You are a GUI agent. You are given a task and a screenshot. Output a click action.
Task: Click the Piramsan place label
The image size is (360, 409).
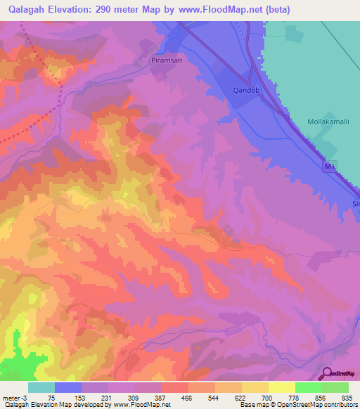point(167,61)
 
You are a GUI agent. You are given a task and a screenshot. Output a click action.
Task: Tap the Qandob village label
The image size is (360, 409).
point(247,91)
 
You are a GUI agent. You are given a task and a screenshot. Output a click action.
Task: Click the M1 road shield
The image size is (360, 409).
point(331,167)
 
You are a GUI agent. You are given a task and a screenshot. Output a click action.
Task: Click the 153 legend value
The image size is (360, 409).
point(80,397)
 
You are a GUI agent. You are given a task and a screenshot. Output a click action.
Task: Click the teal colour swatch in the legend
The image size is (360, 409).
point(41,387)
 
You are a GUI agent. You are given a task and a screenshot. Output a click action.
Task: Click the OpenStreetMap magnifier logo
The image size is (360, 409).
point(326,373)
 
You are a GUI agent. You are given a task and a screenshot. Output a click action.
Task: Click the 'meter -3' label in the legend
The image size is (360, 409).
point(13,397)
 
